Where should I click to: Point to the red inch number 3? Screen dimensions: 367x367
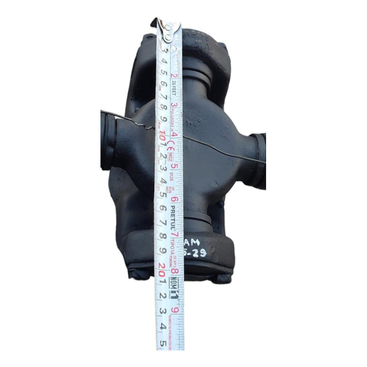174,104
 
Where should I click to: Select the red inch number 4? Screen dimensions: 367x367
175,135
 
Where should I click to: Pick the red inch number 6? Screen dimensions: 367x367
175,199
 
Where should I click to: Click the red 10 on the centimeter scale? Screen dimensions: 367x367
161,136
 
